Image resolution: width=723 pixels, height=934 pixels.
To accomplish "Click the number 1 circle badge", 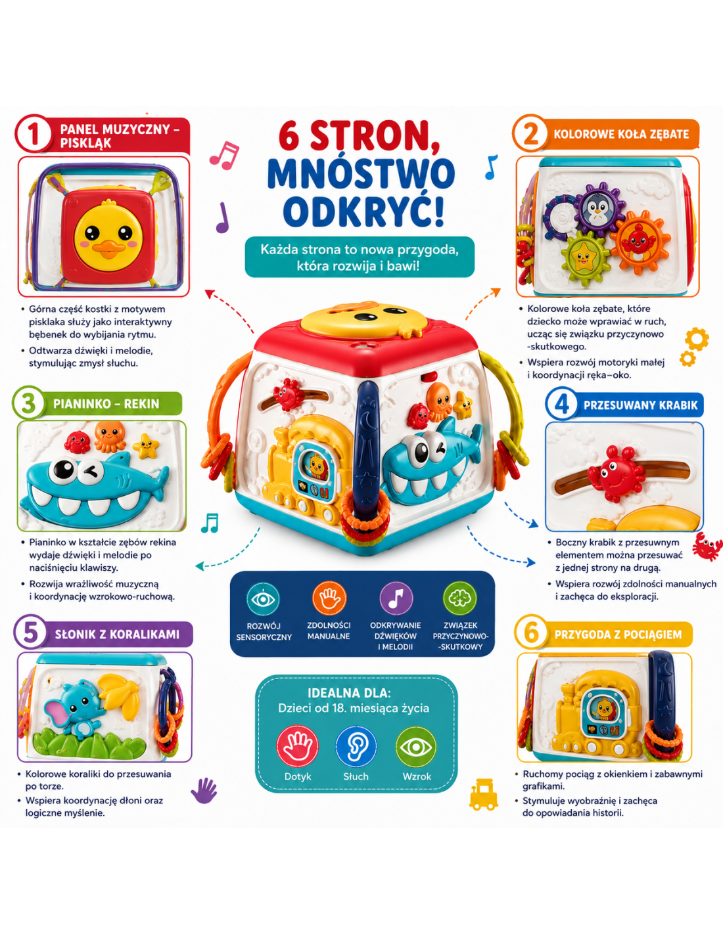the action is [x=33, y=133].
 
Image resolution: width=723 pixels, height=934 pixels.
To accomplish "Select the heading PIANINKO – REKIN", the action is [x=106, y=404].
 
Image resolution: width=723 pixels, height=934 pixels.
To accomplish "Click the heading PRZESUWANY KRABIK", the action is [x=640, y=405].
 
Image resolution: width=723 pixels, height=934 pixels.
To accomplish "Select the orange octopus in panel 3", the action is [x=110, y=436].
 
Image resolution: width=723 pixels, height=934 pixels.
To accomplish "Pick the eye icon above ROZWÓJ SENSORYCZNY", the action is [x=263, y=599].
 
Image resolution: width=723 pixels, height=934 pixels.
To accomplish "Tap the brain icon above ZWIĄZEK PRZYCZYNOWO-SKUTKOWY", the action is [x=460, y=598].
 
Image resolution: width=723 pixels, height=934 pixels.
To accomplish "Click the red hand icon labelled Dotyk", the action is [x=298, y=745].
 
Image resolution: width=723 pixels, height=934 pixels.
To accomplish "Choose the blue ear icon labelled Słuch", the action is [x=356, y=745].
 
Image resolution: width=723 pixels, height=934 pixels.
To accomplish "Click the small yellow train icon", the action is [x=484, y=795].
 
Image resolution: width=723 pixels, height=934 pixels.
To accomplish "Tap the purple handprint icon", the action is [x=204, y=790].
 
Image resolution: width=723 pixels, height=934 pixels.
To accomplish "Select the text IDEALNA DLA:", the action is [x=349, y=694].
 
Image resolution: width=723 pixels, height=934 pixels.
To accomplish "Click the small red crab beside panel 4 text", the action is [x=707, y=546].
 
